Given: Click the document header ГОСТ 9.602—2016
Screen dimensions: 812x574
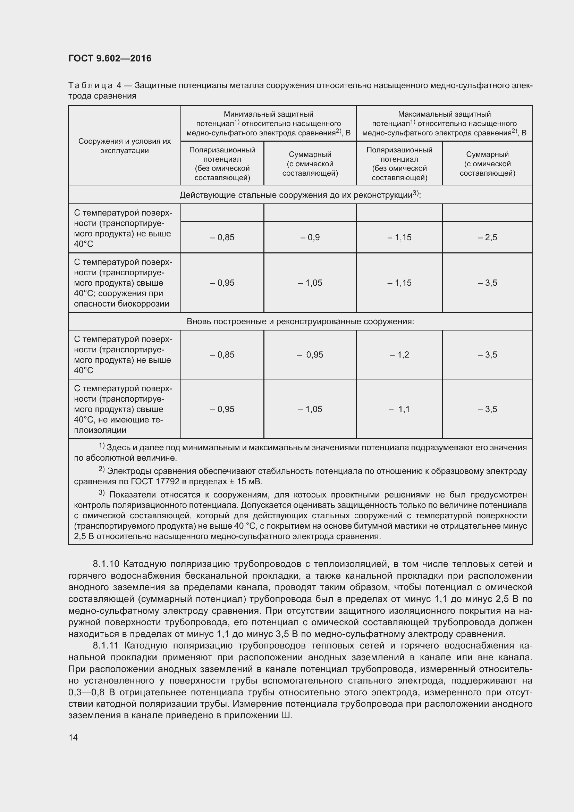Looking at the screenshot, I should [x=110, y=58].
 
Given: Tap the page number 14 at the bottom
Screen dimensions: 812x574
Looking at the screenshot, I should [x=73, y=737].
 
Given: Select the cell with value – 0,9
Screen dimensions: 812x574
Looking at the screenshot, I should [x=310, y=237].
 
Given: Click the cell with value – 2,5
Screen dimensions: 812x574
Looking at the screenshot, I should [x=487, y=237].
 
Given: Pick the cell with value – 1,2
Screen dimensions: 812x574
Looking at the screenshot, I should [x=399, y=355].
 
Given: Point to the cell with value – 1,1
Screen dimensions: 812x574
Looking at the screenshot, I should [x=399, y=409].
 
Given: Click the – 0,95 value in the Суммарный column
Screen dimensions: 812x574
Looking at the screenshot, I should [x=310, y=355].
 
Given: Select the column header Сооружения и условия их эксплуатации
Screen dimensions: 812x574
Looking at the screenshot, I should [x=125, y=146].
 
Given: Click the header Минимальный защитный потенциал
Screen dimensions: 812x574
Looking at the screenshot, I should [x=268, y=124].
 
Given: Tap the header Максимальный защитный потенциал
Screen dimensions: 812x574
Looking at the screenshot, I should [x=444, y=124].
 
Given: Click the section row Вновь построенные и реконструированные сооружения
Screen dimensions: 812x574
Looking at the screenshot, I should [x=300, y=321].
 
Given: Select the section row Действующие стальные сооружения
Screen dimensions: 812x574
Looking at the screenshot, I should [x=300, y=195].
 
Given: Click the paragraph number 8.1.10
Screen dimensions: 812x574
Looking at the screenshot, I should [x=107, y=564].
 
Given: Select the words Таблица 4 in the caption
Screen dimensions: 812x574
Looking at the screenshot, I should [x=95, y=86].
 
